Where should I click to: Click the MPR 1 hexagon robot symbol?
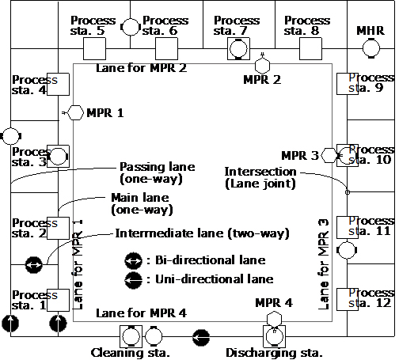point(75,113)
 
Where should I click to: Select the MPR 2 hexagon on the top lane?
point(263,66)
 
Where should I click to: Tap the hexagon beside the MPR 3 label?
point(329,155)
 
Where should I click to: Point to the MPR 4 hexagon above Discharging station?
point(274,319)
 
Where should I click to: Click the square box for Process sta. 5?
point(94,48)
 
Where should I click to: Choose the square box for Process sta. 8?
point(310,48)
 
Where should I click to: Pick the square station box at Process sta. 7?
point(238,48)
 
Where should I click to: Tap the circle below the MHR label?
point(371,48)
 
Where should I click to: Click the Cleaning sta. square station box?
point(131,336)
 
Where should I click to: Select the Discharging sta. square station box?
point(275,336)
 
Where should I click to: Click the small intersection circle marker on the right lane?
point(348,192)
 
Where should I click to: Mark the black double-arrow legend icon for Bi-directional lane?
point(133,260)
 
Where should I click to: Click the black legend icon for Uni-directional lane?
point(133,280)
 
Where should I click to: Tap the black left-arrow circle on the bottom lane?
point(201,337)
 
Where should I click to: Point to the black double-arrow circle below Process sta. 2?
point(33,264)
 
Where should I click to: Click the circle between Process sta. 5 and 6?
point(131,27)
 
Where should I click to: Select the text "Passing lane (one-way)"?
point(158,172)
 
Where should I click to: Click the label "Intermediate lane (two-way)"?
point(202,233)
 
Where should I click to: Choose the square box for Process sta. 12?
point(348,299)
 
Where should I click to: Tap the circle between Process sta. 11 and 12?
point(347,250)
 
